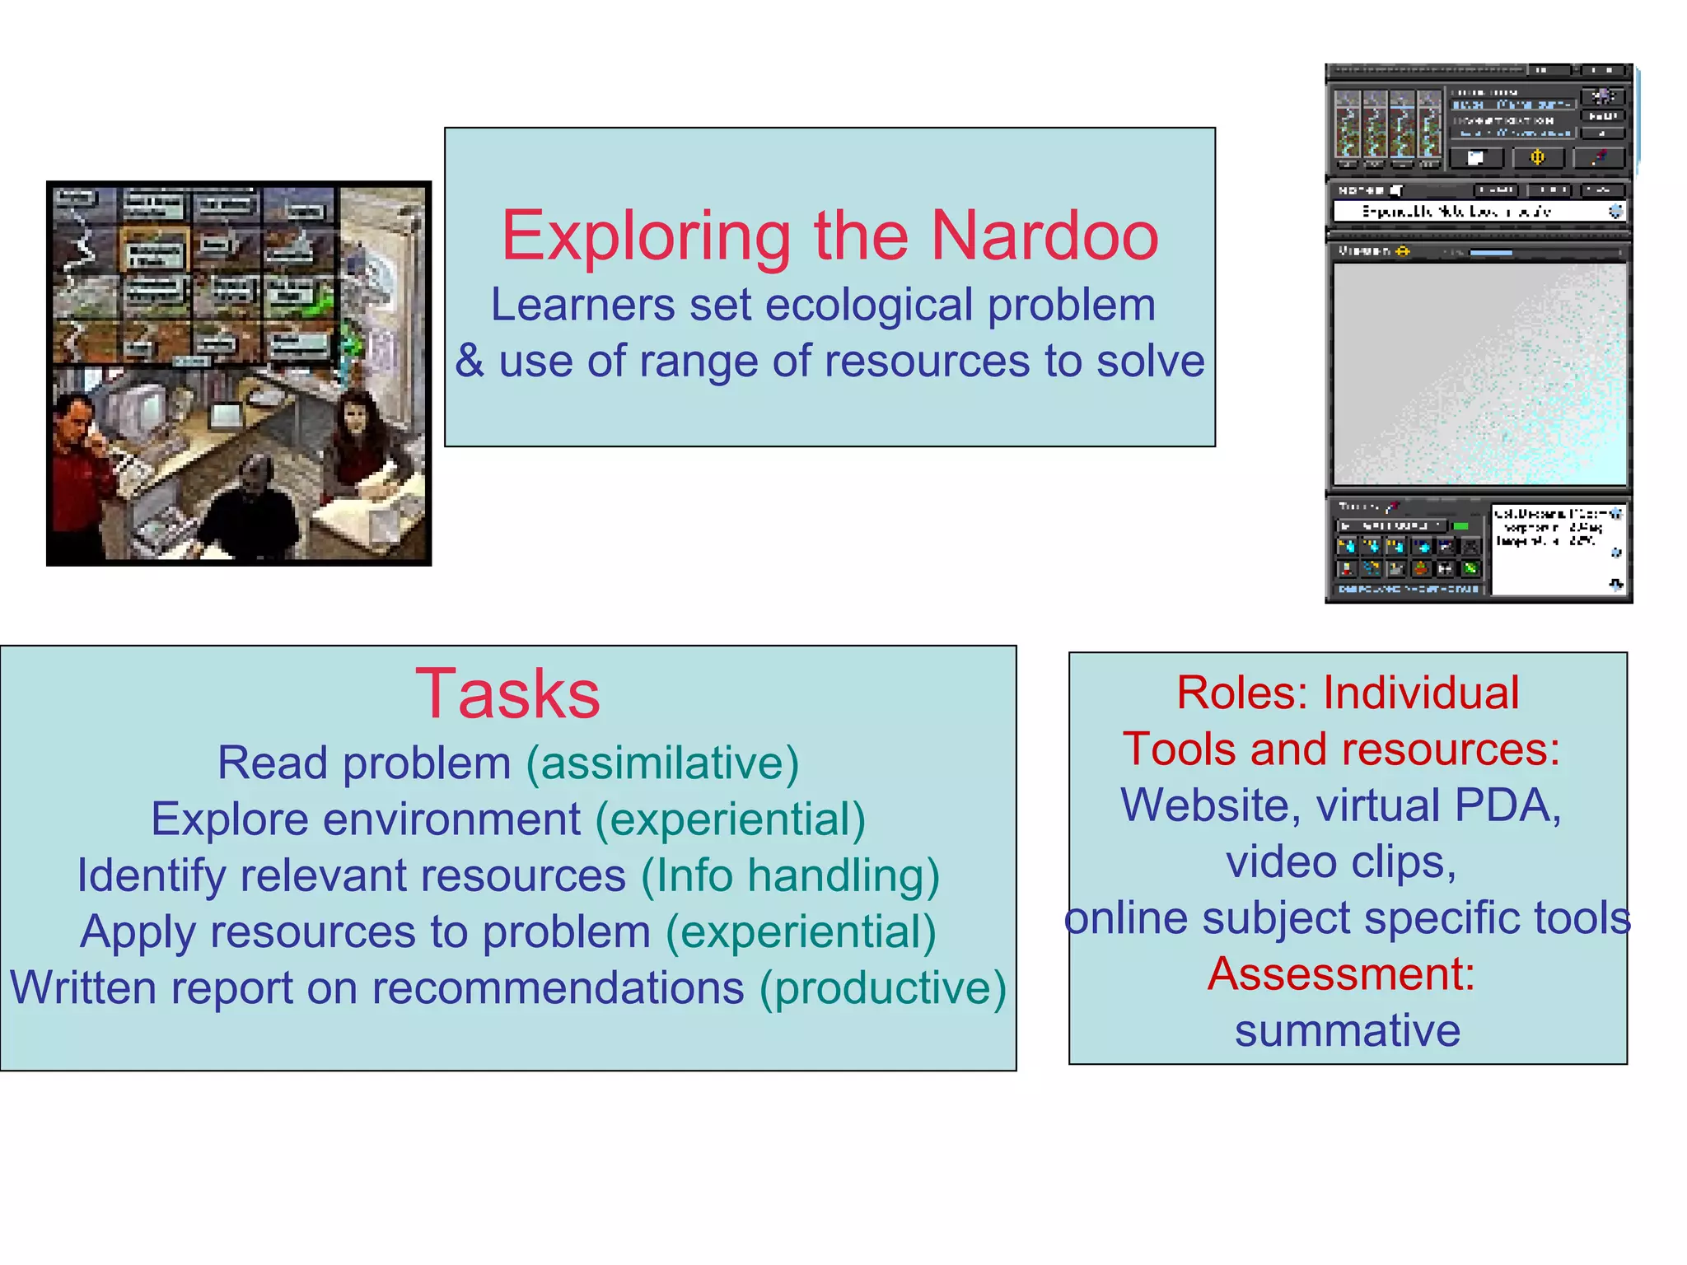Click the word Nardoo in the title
click(1044, 236)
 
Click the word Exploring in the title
click(646, 237)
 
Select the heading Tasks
click(507, 694)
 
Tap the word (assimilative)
click(662, 763)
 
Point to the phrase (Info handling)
click(790, 875)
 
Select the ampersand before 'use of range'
click(470, 362)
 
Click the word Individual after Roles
click(1421, 693)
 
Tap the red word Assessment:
click(1341, 974)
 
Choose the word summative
click(1348, 1031)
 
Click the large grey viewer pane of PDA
click(1479, 375)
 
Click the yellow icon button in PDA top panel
click(1537, 157)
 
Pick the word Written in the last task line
click(82, 987)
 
